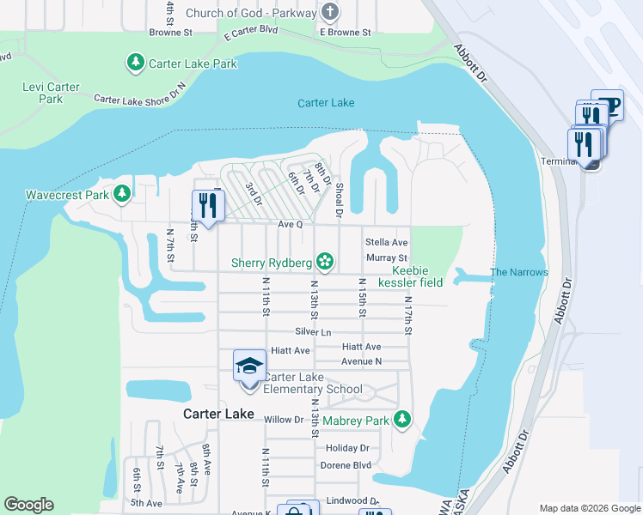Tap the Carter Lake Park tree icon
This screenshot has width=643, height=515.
pyautogui.click(x=135, y=63)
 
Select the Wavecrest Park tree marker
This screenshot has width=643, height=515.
pyautogui.click(x=123, y=194)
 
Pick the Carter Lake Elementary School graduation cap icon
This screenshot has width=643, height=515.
pyautogui.click(x=249, y=366)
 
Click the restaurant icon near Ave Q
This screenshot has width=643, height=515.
pyautogui.click(x=208, y=205)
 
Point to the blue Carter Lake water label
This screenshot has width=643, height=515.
pyautogui.click(x=326, y=103)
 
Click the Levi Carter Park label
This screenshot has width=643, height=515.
pyautogui.click(x=51, y=93)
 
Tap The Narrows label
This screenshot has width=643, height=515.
pyautogui.click(x=518, y=272)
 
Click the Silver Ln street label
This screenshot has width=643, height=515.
pyautogui.click(x=313, y=331)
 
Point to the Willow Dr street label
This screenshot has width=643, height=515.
pyautogui.click(x=284, y=420)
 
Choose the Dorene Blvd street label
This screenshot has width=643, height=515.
pyautogui.click(x=347, y=464)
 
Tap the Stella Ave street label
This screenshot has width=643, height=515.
pyautogui.click(x=386, y=243)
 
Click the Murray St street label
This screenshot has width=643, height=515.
pyautogui.click(x=386, y=257)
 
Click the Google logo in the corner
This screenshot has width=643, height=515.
pyautogui.click(x=28, y=505)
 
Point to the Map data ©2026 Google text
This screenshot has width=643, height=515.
pyautogui.click(x=589, y=508)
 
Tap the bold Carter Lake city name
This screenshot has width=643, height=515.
pyautogui.click(x=218, y=414)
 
